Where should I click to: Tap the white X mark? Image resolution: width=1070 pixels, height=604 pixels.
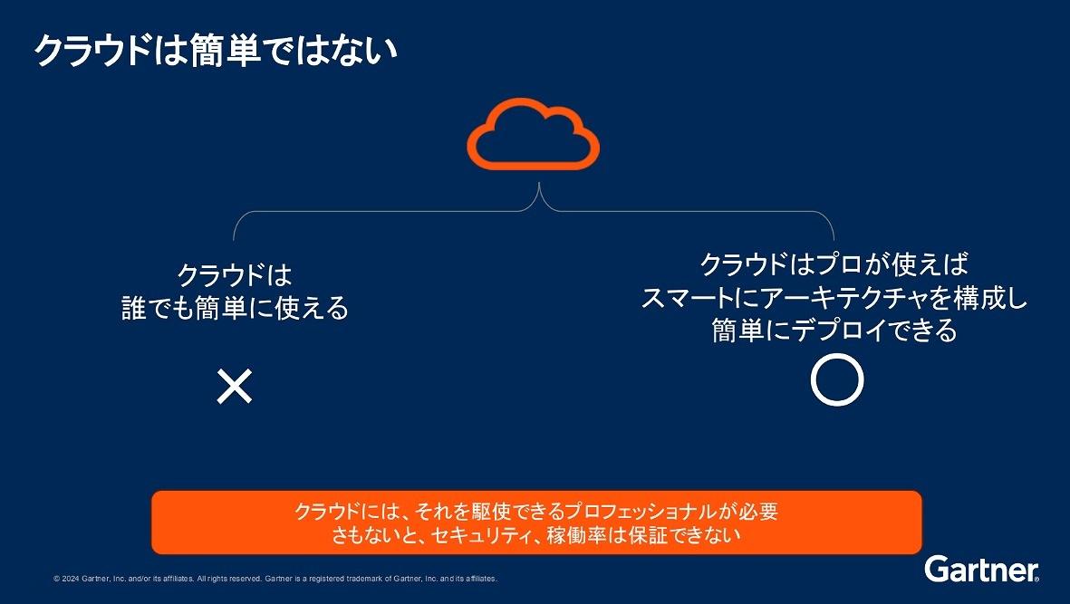point(234,387)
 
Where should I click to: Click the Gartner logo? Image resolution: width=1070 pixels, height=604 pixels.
point(982,570)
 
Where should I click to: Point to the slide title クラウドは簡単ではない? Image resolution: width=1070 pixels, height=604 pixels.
point(216,51)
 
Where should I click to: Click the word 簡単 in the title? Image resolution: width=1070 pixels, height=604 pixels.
point(225,51)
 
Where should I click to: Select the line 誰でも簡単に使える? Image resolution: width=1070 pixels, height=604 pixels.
point(235,308)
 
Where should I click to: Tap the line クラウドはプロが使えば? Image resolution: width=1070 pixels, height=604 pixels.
point(834,264)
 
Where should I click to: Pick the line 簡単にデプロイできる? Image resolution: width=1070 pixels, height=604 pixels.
point(834,331)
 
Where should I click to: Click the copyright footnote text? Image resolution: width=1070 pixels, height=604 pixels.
point(275,579)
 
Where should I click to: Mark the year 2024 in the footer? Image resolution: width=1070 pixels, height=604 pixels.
point(71,579)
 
